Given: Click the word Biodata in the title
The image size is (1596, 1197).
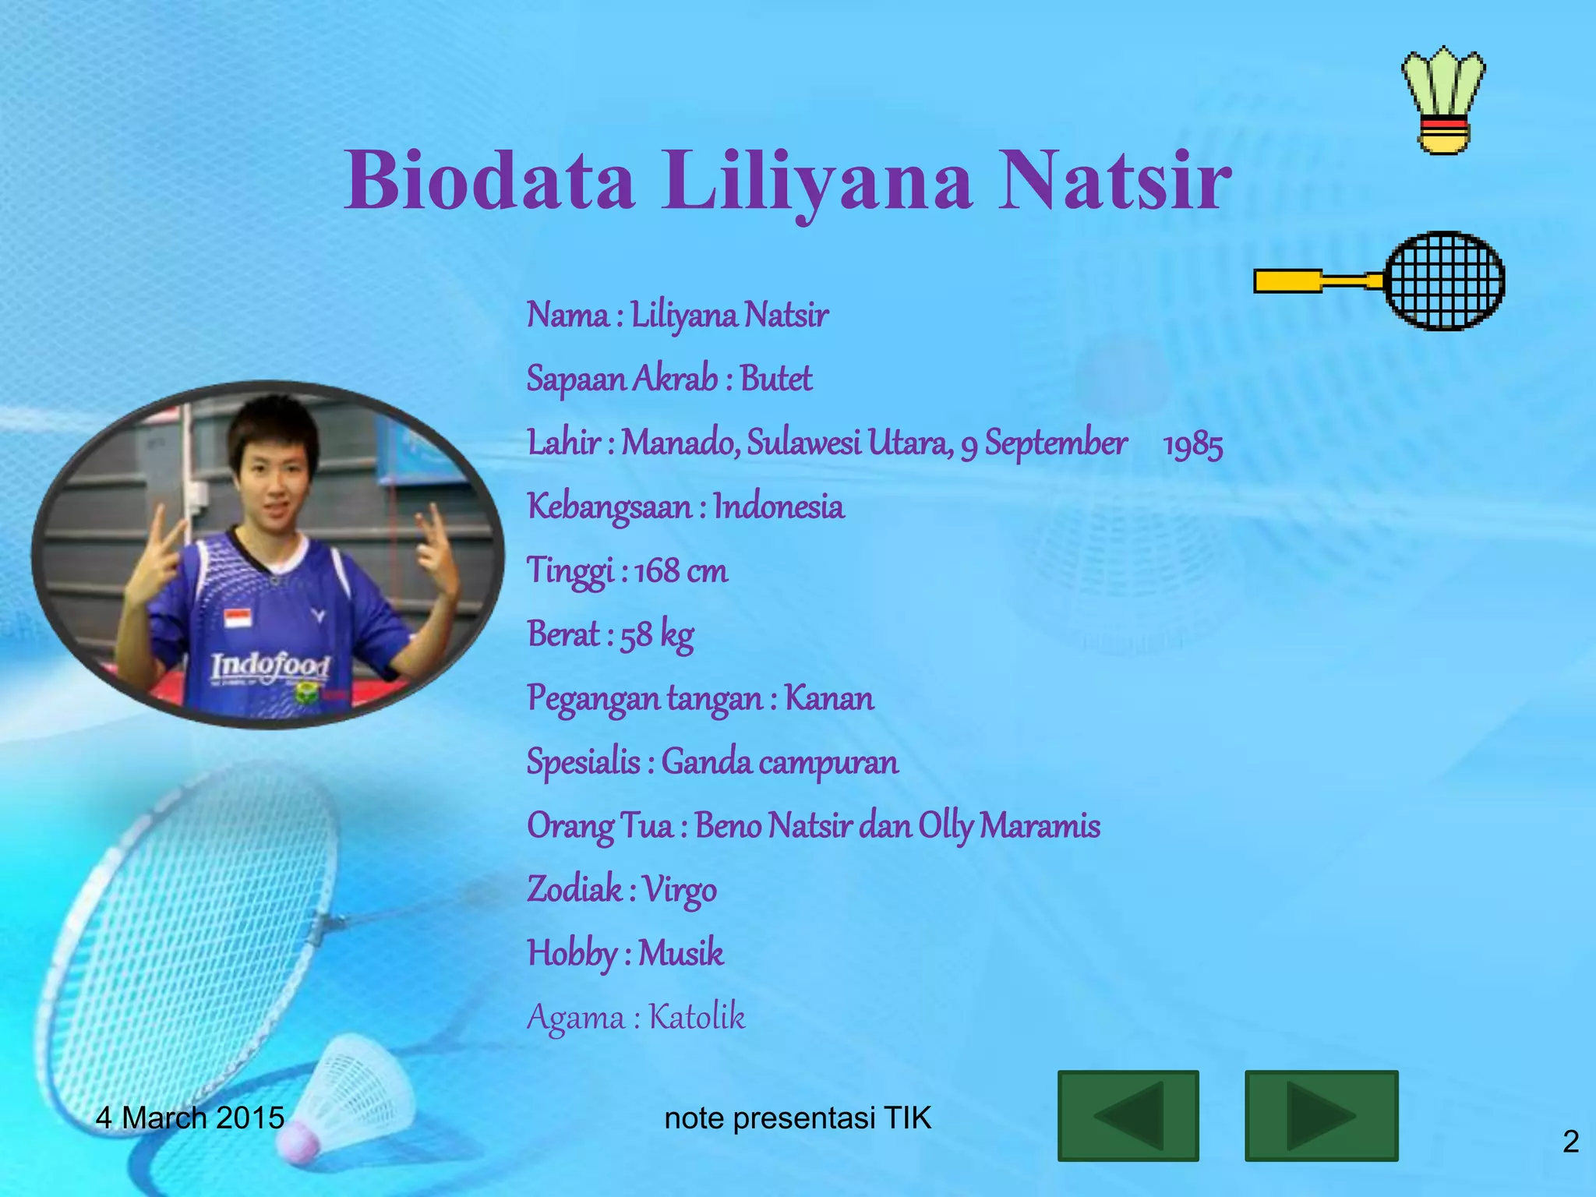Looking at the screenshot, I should coord(489,181).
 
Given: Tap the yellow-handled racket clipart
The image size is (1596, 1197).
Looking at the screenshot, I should coord(1379,281).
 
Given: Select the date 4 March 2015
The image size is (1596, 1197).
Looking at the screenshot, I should coord(190,1118).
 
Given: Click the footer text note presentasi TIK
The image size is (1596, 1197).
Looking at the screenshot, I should coord(797,1118).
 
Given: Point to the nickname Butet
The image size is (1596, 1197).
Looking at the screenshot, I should coord(775,380).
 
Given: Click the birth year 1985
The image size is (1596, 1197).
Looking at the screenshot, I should coord(1192,445).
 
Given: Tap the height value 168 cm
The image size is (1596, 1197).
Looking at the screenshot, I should coord(681,571).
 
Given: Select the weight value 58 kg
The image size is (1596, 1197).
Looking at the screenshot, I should coord(656,635).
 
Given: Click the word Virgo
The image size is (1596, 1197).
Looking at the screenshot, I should coord(680,890).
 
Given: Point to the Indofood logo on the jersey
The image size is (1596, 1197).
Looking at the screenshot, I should coord(270,667).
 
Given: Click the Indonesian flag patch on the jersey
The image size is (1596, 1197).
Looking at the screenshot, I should coord(237,620).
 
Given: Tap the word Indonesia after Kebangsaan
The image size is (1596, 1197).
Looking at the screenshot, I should coord(779,507).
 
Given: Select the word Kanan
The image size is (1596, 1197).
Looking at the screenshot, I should coord(828,698).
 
